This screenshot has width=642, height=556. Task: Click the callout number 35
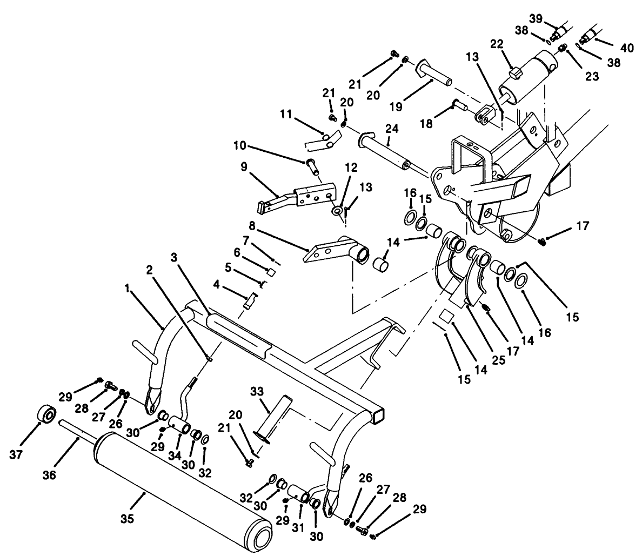pyautogui.click(x=128, y=518)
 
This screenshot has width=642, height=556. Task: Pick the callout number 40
pyautogui.click(x=626, y=49)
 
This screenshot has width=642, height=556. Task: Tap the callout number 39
pyautogui.click(x=536, y=18)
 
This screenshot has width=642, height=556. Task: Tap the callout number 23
pyautogui.click(x=592, y=77)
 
